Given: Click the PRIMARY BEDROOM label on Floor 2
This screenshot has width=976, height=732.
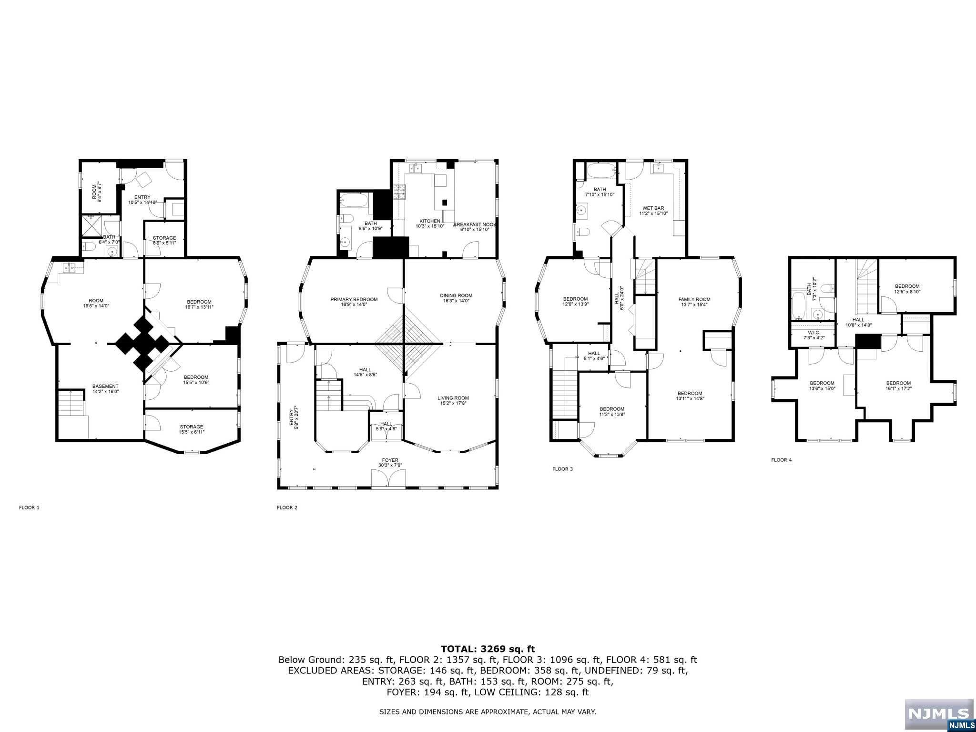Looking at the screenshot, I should click(x=354, y=300).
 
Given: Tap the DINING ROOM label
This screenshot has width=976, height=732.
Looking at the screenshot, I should click(x=456, y=295).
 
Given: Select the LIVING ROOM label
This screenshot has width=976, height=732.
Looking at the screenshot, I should click(x=453, y=398).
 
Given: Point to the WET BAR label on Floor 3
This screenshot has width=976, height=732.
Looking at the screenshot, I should click(x=653, y=208).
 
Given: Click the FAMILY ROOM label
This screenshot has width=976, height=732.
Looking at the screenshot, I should click(x=694, y=299).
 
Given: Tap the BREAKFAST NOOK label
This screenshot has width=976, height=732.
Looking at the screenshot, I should click(x=475, y=224).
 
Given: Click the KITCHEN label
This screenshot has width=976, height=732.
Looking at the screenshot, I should click(x=429, y=221).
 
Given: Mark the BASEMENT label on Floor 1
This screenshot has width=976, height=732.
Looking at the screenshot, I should click(x=105, y=386).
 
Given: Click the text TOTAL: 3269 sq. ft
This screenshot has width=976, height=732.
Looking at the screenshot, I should click(x=488, y=649).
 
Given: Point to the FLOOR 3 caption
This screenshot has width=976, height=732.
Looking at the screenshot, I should click(x=562, y=469).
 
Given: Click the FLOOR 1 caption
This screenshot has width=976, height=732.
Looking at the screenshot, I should click(x=29, y=508).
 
